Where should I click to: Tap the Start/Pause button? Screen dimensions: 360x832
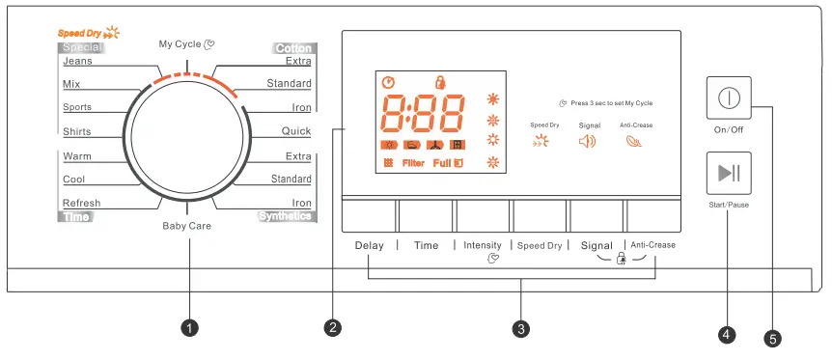(729, 174)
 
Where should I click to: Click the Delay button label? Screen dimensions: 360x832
(369, 245)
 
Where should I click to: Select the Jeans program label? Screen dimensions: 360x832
(77, 61)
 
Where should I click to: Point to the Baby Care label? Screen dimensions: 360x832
(186, 226)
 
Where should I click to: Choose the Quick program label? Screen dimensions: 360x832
(296, 130)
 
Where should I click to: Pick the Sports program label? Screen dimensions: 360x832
(77, 107)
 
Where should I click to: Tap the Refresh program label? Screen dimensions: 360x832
(81, 203)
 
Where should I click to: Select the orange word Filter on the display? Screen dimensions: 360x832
(413, 163)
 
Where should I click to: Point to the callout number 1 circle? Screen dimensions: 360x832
(190, 328)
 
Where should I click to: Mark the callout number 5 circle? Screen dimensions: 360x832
(772, 338)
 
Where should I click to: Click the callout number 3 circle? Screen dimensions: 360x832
(521, 328)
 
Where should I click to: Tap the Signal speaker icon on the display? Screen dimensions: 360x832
(588, 142)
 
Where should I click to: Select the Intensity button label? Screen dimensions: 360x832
(483, 245)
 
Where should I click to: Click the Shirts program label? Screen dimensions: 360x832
(77, 131)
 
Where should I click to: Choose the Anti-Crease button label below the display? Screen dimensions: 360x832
(652, 245)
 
